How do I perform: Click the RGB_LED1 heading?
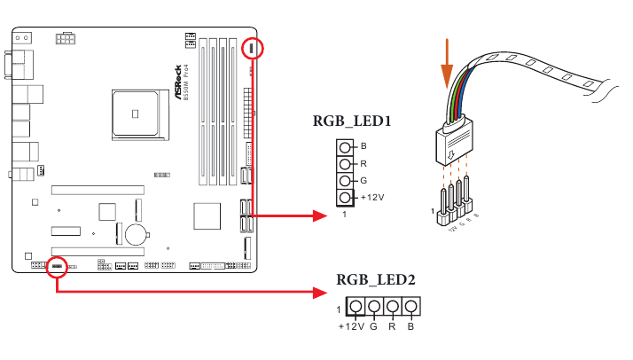click(x=352, y=122)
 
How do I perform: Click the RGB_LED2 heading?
click(x=377, y=279)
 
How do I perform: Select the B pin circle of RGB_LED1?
click(x=345, y=146)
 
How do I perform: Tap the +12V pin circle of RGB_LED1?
click(x=345, y=197)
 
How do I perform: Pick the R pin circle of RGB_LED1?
click(x=345, y=163)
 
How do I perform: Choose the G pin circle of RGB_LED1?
click(x=345, y=180)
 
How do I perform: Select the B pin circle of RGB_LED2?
click(x=409, y=308)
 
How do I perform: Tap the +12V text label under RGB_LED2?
click(x=352, y=326)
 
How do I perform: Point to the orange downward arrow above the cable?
click(x=447, y=58)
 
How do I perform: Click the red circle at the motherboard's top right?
click(x=253, y=50)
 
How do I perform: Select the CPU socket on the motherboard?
click(x=135, y=111)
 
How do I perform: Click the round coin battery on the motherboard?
click(x=135, y=233)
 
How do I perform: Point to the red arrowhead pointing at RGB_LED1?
click(x=320, y=215)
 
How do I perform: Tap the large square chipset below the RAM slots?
click(x=207, y=215)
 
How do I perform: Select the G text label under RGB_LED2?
click(x=374, y=326)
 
